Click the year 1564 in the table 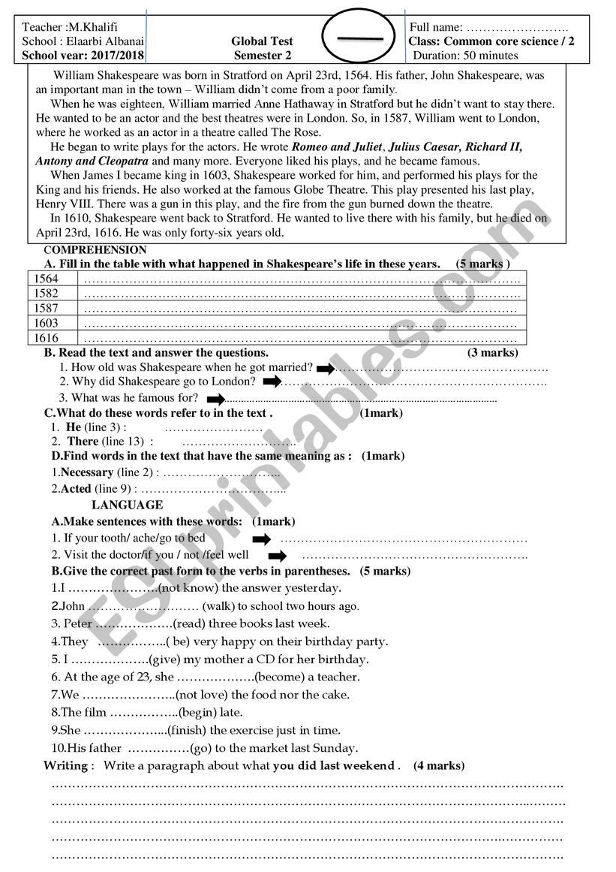tap(45, 279)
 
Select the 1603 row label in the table tap(45, 324)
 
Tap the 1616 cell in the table tap(45, 339)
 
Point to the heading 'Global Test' tap(263, 41)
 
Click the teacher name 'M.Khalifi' tap(92, 27)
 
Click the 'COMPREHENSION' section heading tap(95, 250)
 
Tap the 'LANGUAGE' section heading tap(127, 505)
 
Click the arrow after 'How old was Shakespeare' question tap(325, 368)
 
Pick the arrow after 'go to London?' tap(272, 382)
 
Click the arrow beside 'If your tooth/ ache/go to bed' tap(261, 539)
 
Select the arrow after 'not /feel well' tap(278, 556)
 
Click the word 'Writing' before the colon tap(66, 766)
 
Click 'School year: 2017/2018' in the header tap(83, 55)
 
